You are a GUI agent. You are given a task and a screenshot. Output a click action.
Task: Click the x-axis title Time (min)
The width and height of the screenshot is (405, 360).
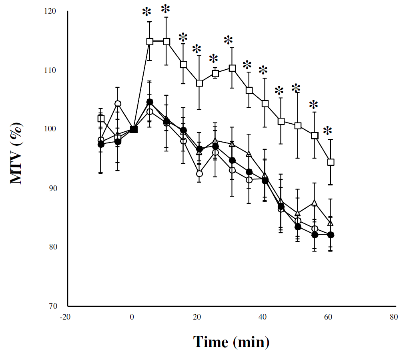pyautogui.click(x=231, y=342)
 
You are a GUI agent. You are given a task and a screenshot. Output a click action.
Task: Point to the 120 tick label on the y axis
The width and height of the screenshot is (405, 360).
pyautogui.click(x=51, y=11)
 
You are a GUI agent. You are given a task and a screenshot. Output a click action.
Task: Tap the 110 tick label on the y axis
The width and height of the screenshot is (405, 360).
pyautogui.click(x=51, y=70)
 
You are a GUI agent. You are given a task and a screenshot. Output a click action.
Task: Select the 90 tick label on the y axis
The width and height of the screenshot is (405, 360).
pyautogui.click(x=52, y=188)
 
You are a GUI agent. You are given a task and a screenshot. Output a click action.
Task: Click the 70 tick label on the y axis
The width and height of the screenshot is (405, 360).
pyautogui.click(x=52, y=306)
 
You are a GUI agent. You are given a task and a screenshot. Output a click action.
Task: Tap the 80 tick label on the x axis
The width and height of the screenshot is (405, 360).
pyautogui.click(x=394, y=317)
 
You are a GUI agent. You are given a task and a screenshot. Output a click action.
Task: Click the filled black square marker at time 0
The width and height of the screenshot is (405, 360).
pyautogui.click(x=134, y=129)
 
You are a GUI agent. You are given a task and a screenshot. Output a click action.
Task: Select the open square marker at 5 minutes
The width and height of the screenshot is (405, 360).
pyautogui.click(x=150, y=41)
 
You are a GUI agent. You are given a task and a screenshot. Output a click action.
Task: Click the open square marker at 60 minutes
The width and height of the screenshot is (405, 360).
pyautogui.click(x=331, y=162)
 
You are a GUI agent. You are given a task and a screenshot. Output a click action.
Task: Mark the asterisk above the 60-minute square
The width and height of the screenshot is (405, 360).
pyautogui.click(x=328, y=131)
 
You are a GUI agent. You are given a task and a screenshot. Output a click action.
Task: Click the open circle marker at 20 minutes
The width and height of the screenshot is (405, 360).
pyautogui.click(x=199, y=173)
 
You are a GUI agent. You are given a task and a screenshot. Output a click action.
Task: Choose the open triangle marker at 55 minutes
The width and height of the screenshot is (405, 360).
pyautogui.click(x=315, y=203)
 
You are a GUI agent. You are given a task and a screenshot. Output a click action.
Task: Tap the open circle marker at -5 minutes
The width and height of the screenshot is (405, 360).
pyautogui.click(x=118, y=104)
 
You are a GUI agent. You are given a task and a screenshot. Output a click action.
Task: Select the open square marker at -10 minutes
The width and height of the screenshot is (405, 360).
pyautogui.click(x=101, y=119)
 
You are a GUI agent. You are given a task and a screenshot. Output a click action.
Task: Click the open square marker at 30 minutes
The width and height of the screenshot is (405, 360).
pyautogui.click(x=232, y=68)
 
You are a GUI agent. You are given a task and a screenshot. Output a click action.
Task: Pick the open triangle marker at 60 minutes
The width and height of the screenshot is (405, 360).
pyautogui.click(x=331, y=223)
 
